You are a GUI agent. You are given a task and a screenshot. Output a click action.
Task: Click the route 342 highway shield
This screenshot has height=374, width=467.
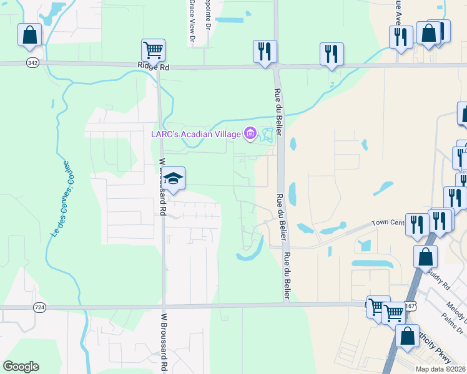point(32,64)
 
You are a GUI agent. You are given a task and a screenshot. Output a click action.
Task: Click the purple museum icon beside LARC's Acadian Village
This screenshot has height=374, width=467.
point(250,132)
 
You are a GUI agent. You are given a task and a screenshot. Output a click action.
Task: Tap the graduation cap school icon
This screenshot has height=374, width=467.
point(174,178)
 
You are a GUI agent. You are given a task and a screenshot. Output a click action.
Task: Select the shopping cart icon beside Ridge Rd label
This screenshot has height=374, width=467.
point(154,50)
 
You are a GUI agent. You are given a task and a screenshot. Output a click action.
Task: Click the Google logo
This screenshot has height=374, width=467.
point(21,367)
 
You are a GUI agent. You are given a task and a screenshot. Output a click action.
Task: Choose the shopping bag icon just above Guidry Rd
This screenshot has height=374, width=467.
point(425,257)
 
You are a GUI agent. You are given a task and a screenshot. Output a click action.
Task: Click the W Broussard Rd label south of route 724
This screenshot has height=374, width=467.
point(164,343)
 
